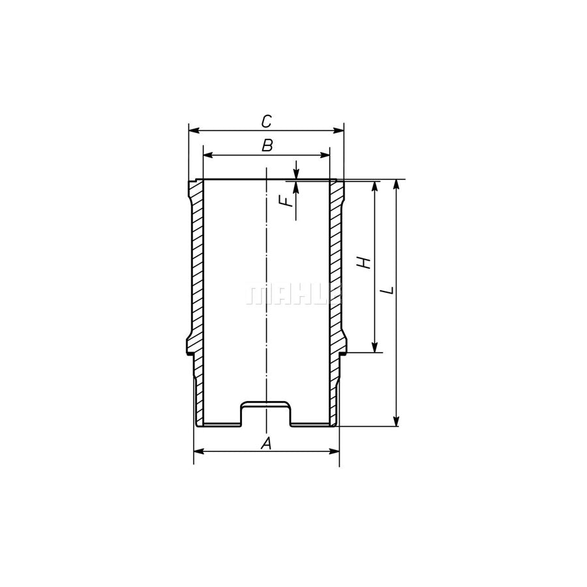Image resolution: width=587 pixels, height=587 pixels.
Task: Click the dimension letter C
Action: point(266,121)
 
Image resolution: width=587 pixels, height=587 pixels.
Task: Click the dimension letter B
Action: point(267,145)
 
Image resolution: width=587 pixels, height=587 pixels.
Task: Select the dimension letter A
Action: point(266,444)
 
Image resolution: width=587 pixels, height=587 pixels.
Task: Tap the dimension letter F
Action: point(287,202)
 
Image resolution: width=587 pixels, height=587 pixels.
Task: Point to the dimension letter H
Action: point(363,262)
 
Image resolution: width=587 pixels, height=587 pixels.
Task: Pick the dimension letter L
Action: point(389,290)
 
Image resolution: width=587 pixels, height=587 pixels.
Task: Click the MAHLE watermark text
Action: point(295,295)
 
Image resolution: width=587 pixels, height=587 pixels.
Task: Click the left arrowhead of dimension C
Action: point(194,130)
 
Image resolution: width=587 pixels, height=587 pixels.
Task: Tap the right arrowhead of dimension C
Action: point(339,130)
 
